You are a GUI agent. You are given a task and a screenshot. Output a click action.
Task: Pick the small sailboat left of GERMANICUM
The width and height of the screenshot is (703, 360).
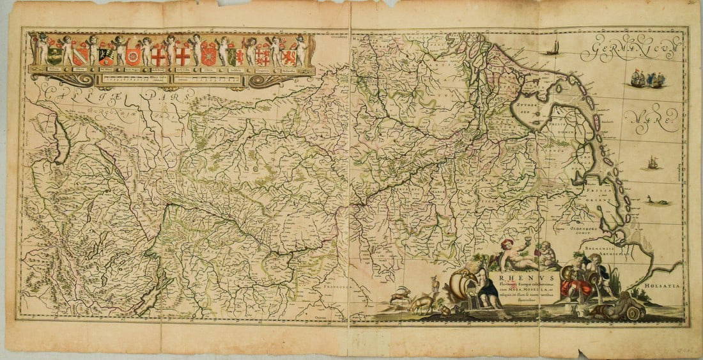click(x=553, y=47)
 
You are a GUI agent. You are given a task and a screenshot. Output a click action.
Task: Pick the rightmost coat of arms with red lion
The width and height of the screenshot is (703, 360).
click(x=289, y=57)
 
